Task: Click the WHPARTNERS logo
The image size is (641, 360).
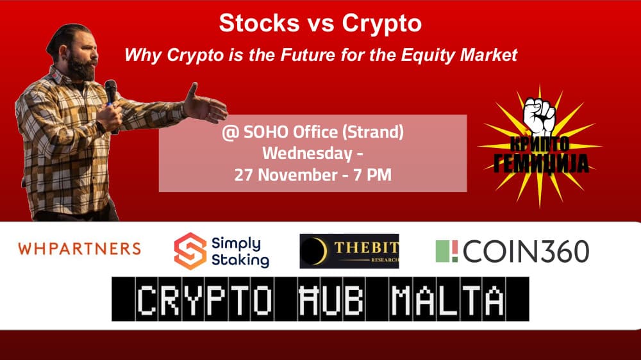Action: point(79,249)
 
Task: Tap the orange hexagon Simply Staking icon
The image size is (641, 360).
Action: point(190,251)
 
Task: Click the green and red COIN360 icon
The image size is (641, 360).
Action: point(447,251)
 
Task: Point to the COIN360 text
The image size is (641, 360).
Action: point(525,251)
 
